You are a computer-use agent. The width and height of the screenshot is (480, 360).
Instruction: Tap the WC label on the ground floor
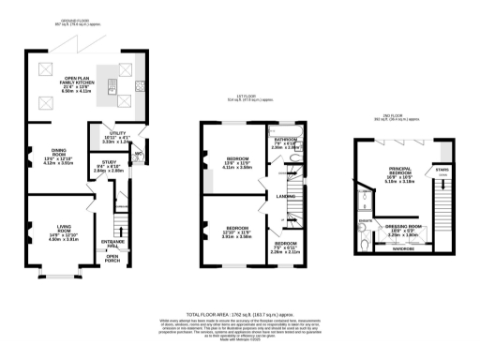pyautogui.click(x=137, y=155)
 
